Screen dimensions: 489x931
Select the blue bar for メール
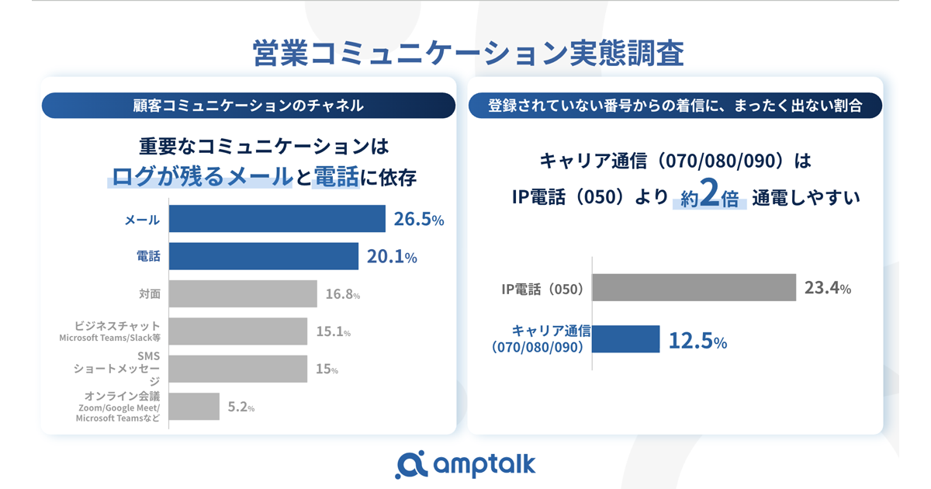(x=277, y=219)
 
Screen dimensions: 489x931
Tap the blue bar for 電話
(x=264, y=256)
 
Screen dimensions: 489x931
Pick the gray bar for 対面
(x=243, y=293)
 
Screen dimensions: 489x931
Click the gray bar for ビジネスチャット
(x=238, y=331)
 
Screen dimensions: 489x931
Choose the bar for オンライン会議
(x=194, y=406)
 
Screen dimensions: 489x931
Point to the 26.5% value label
(x=418, y=220)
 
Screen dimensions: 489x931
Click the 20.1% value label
(x=391, y=257)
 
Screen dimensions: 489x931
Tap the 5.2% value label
(x=241, y=407)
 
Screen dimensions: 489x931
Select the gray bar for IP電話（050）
(x=694, y=288)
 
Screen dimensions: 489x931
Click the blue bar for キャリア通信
(x=626, y=339)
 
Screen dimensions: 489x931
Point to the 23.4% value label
(x=828, y=289)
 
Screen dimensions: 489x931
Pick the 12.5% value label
(x=697, y=341)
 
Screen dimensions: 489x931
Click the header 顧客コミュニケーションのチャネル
(x=248, y=106)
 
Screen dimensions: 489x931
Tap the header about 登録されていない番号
(x=675, y=106)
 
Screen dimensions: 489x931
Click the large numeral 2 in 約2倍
(x=707, y=197)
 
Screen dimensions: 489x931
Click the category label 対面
(x=149, y=294)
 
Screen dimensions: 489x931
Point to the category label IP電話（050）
(x=542, y=290)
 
